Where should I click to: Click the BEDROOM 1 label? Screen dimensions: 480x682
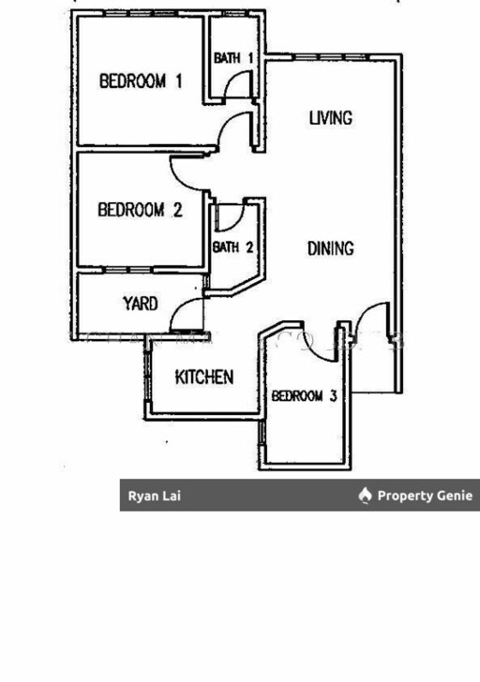[141, 82]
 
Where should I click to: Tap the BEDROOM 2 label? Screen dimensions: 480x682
[140, 210]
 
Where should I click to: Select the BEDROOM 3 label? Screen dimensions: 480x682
[304, 395]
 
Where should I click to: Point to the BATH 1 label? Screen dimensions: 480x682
[233, 58]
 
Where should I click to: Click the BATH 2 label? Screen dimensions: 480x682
[232, 247]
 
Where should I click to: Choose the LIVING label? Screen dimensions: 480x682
[331, 118]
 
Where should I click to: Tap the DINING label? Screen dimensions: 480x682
[331, 248]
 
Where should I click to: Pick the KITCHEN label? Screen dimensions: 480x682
[204, 378]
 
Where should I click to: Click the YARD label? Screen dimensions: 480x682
[140, 304]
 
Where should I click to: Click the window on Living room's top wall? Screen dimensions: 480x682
[332, 57]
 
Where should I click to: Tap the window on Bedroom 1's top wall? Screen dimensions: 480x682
[140, 13]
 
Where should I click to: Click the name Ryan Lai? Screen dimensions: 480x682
[154, 496]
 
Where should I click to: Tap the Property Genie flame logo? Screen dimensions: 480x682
[365, 495]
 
